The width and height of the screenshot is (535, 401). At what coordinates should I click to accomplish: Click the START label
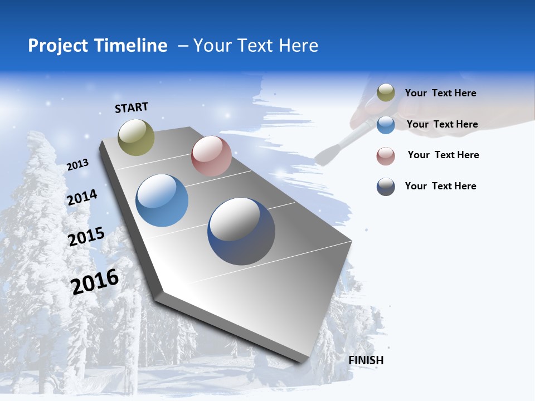[132, 107]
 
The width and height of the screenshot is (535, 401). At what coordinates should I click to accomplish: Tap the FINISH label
[366, 360]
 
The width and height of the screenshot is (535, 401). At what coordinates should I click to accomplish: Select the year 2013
[77, 165]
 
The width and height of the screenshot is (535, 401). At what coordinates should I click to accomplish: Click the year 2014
[82, 198]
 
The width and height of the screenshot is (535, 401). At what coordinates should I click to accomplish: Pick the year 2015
[86, 237]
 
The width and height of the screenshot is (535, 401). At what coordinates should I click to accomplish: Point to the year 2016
[95, 282]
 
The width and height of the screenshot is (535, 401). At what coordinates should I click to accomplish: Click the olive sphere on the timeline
[136, 137]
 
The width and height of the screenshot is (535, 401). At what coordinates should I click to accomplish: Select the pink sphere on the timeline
[211, 156]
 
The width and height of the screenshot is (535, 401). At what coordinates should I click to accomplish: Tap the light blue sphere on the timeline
[162, 200]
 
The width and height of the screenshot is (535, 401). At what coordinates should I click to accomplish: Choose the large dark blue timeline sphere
[241, 231]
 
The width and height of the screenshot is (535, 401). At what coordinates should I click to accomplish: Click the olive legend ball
[386, 93]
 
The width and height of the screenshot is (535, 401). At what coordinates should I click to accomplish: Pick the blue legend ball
[386, 124]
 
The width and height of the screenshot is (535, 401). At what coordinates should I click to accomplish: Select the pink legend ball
[386, 155]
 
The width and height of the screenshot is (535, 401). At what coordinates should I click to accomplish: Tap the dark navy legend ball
[386, 187]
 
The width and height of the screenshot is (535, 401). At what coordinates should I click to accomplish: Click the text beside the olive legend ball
[440, 93]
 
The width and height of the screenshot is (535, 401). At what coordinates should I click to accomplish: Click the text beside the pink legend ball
[443, 155]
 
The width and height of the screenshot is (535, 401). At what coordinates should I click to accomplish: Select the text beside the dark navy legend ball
[440, 186]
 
